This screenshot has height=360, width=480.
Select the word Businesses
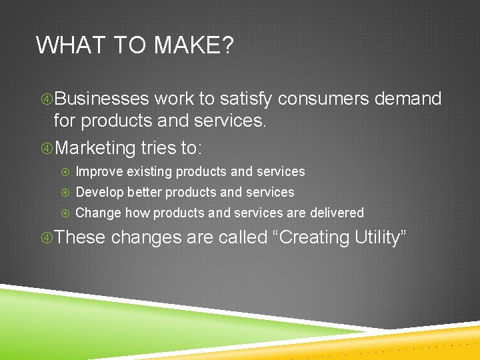pos(101,99)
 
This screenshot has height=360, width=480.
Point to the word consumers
pos(323,99)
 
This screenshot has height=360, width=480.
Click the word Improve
pos(99,172)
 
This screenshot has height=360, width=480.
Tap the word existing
pos(149,172)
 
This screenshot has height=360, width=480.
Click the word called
pos(242,238)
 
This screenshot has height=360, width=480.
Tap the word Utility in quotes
pos(377,238)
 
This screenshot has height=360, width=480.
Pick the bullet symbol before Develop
pos(66,193)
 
